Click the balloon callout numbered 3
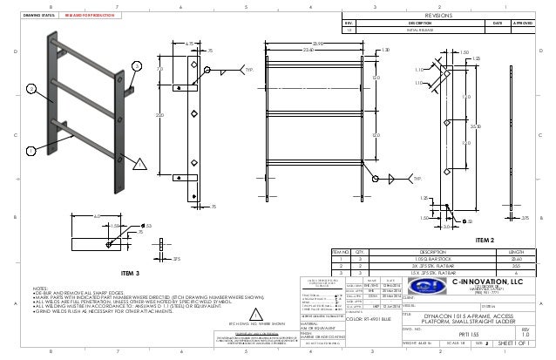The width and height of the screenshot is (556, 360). coord(136,66)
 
